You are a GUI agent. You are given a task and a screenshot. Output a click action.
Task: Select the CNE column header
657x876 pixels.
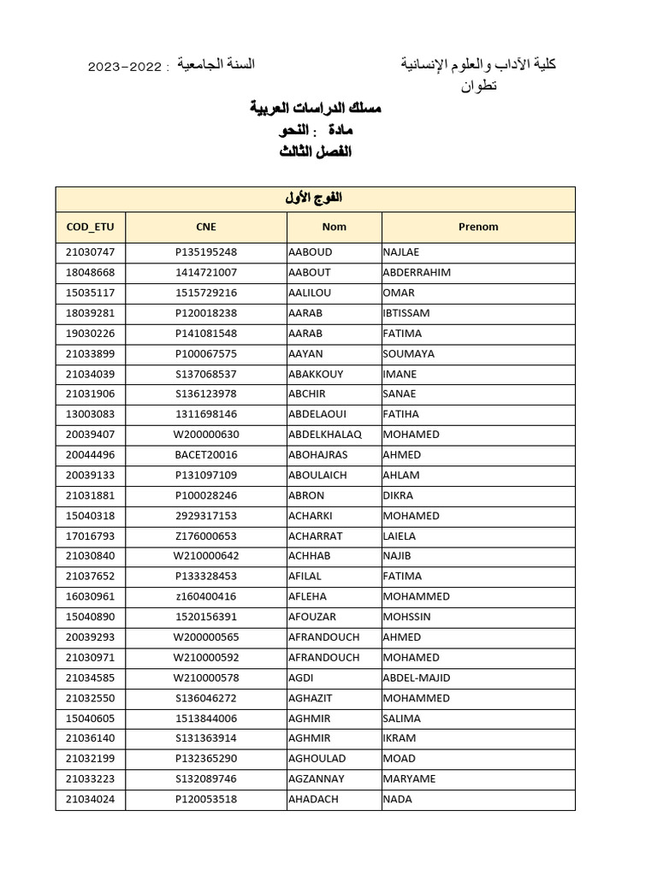(x=206, y=227)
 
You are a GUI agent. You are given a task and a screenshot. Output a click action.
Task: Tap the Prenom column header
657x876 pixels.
(x=478, y=227)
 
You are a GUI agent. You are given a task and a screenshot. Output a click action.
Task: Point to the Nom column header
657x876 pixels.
(x=334, y=227)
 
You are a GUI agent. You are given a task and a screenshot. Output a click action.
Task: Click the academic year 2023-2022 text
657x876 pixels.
(x=124, y=66)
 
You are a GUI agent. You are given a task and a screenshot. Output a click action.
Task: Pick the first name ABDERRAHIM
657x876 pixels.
(x=417, y=273)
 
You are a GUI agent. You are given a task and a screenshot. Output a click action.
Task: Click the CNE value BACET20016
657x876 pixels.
(x=206, y=455)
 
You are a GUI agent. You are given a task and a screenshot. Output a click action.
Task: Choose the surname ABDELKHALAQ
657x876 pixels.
(x=326, y=435)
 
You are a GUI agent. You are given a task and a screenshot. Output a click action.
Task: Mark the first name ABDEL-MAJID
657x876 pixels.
(x=417, y=678)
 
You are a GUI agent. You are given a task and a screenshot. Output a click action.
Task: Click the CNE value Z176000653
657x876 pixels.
(x=206, y=536)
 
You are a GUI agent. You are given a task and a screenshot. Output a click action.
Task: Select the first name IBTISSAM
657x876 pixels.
(x=407, y=313)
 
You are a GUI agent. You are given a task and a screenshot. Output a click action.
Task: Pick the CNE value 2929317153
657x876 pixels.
(x=206, y=516)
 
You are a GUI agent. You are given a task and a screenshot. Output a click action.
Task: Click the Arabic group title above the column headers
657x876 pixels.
(x=315, y=198)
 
